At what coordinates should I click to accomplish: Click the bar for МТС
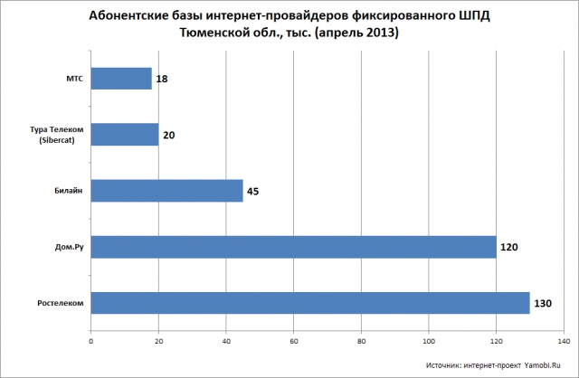tap(121, 79)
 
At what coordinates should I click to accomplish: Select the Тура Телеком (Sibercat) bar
tap(125, 135)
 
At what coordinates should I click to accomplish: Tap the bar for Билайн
tap(166, 191)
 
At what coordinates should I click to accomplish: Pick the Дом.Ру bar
tap(293, 247)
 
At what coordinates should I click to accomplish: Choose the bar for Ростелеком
tap(310, 303)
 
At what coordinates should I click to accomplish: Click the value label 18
tap(162, 79)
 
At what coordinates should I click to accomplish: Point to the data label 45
tap(253, 192)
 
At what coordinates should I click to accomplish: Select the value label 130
tap(543, 304)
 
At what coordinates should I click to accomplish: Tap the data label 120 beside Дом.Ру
tap(509, 247)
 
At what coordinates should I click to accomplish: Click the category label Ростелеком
tap(61, 304)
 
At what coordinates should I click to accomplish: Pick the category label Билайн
tap(69, 191)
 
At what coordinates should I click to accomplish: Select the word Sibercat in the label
tap(56, 141)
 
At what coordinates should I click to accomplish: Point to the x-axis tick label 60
tap(294, 342)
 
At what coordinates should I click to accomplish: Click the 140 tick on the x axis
tap(565, 342)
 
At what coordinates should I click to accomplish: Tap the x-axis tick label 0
tap(91, 342)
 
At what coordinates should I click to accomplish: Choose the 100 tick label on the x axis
tap(429, 342)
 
